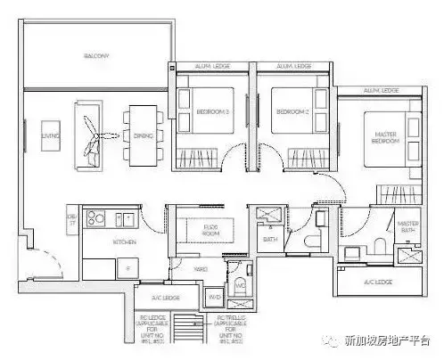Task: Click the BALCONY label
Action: (96, 55)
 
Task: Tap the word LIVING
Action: (49, 136)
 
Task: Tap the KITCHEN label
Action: (123, 241)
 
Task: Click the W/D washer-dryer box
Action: (215, 297)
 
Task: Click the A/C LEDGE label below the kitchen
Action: (166, 299)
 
